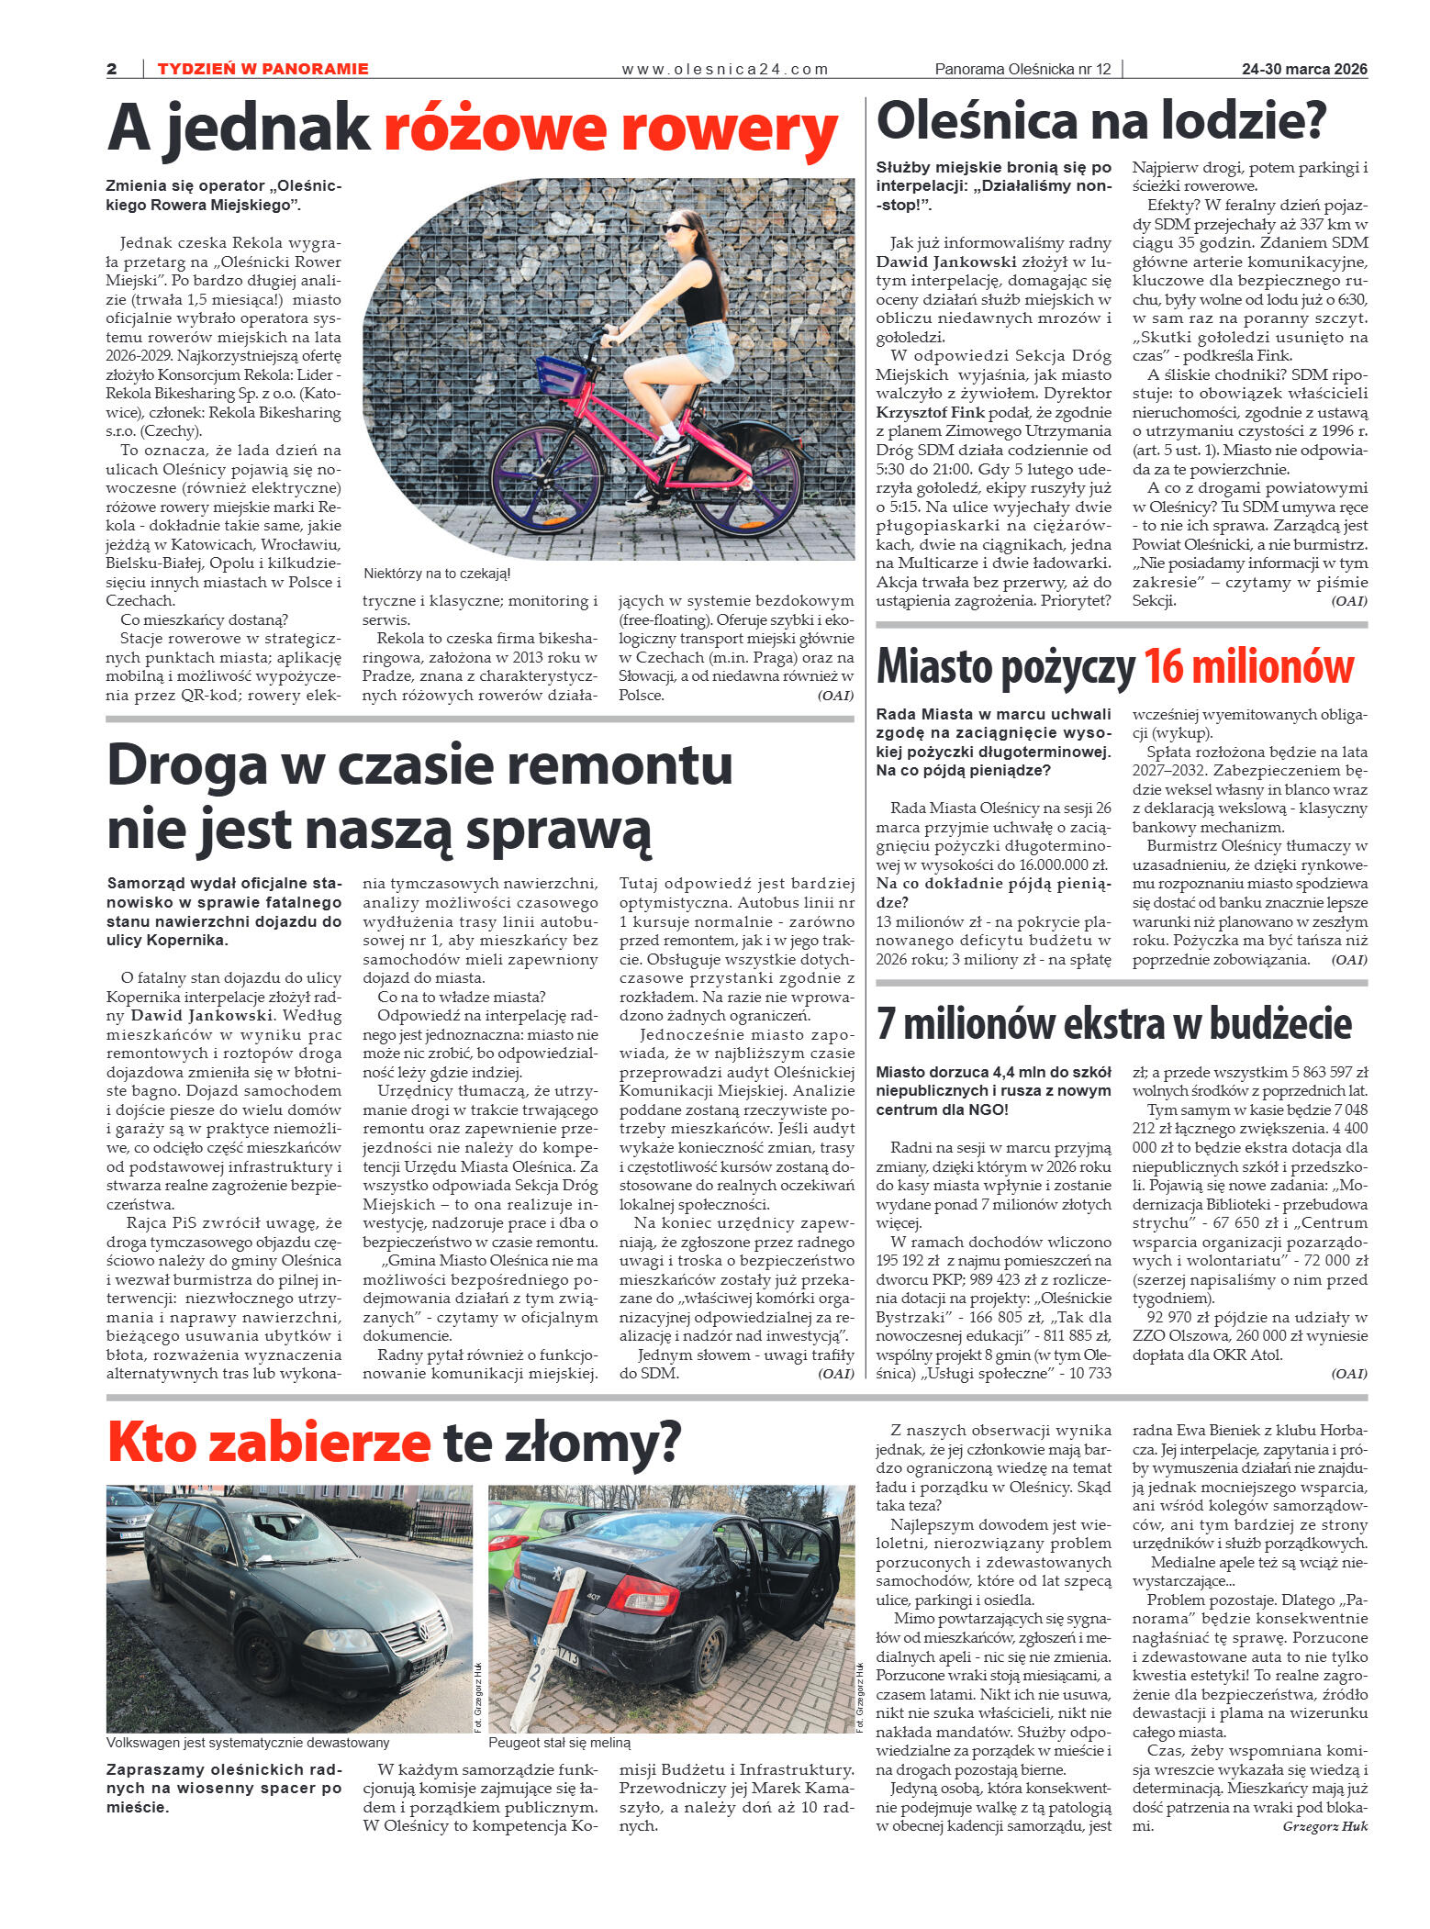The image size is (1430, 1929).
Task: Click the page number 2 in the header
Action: (x=112, y=69)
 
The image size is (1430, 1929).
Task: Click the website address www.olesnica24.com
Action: (x=724, y=69)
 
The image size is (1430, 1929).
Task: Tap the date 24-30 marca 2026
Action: (x=1304, y=69)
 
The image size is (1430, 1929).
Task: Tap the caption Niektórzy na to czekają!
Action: (x=436, y=574)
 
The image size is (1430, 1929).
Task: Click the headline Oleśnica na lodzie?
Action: (x=1101, y=120)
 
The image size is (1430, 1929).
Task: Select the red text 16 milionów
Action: (x=1249, y=667)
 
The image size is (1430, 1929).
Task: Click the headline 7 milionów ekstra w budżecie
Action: (x=1113, y=1024)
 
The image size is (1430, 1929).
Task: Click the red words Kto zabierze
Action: (x=269, y=1443)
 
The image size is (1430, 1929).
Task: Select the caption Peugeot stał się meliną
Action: (x=559, y=1743)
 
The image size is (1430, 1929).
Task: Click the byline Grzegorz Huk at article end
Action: (x=1324, y=1826)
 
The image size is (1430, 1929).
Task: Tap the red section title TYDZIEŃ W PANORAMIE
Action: (x=263, y=69)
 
